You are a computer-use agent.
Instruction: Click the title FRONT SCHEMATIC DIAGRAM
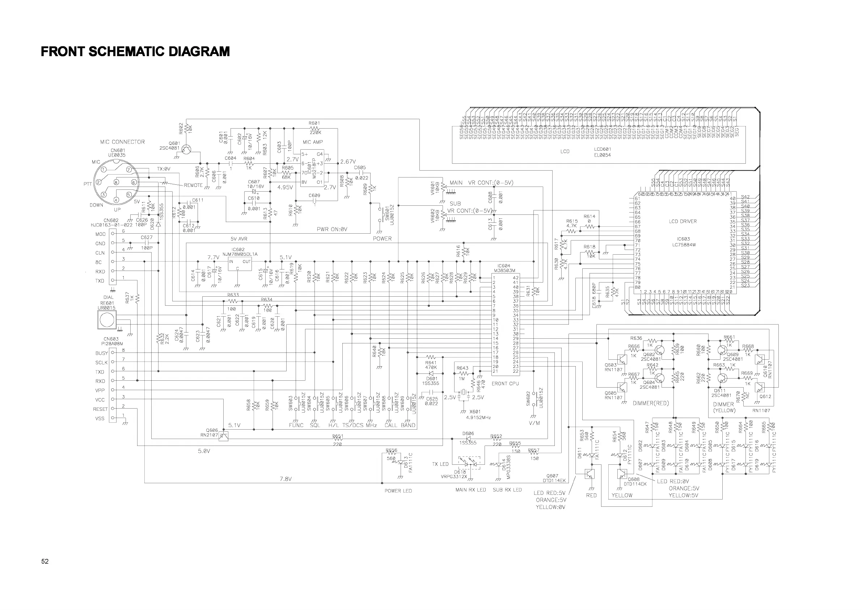(x=135, y=51)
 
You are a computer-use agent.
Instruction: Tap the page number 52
(x=45, y=561)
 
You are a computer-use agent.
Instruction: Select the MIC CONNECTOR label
(x=122, y=142)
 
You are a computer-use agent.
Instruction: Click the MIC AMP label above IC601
(x=313, y=142)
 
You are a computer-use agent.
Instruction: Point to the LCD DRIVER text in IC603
(x=683, y=221)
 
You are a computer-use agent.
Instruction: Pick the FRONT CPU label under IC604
(x=505, y=384)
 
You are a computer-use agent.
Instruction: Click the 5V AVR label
(x=239, y=239)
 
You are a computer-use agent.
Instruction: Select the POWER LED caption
(x=398, y=491)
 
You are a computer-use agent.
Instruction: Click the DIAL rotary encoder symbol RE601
(x=106, y=321)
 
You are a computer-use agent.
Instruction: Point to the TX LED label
(x=440, y=464)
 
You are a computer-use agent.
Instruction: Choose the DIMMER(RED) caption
(x=651, y=403)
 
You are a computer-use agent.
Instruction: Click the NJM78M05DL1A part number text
(x=240, y=254)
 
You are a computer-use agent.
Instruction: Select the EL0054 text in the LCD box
(x=602, y=155)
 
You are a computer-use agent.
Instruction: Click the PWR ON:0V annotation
(x=332, y=229)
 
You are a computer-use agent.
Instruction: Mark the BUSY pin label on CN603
(x=101, y=353)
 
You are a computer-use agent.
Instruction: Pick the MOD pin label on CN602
(x=100, y=234)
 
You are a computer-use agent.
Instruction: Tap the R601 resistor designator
(x=314, y=123)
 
